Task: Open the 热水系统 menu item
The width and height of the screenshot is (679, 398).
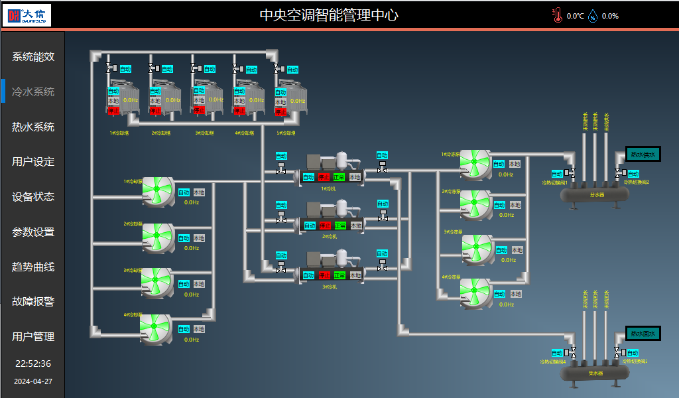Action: pos(33,127)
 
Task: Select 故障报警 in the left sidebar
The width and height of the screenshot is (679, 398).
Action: pos(33,301)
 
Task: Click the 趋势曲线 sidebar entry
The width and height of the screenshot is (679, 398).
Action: pos(33,267)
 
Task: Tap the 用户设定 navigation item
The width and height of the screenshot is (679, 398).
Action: pos(33,161)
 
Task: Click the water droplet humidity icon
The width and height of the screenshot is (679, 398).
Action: pos(592,16)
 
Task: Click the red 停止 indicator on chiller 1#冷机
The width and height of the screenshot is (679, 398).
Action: pos(324,177)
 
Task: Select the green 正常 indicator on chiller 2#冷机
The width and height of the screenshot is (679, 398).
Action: pos(340,226)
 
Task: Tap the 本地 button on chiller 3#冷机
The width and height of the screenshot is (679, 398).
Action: pos(356,275)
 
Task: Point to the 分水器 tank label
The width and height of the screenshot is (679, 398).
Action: pos(595,195)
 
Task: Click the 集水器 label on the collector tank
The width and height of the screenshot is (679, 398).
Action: pos(595,373)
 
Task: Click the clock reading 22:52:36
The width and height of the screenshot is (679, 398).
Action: pos(33,364)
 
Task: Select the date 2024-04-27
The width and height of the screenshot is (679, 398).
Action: pos(33,381)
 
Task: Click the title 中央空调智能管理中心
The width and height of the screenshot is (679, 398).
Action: pos(329,15)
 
